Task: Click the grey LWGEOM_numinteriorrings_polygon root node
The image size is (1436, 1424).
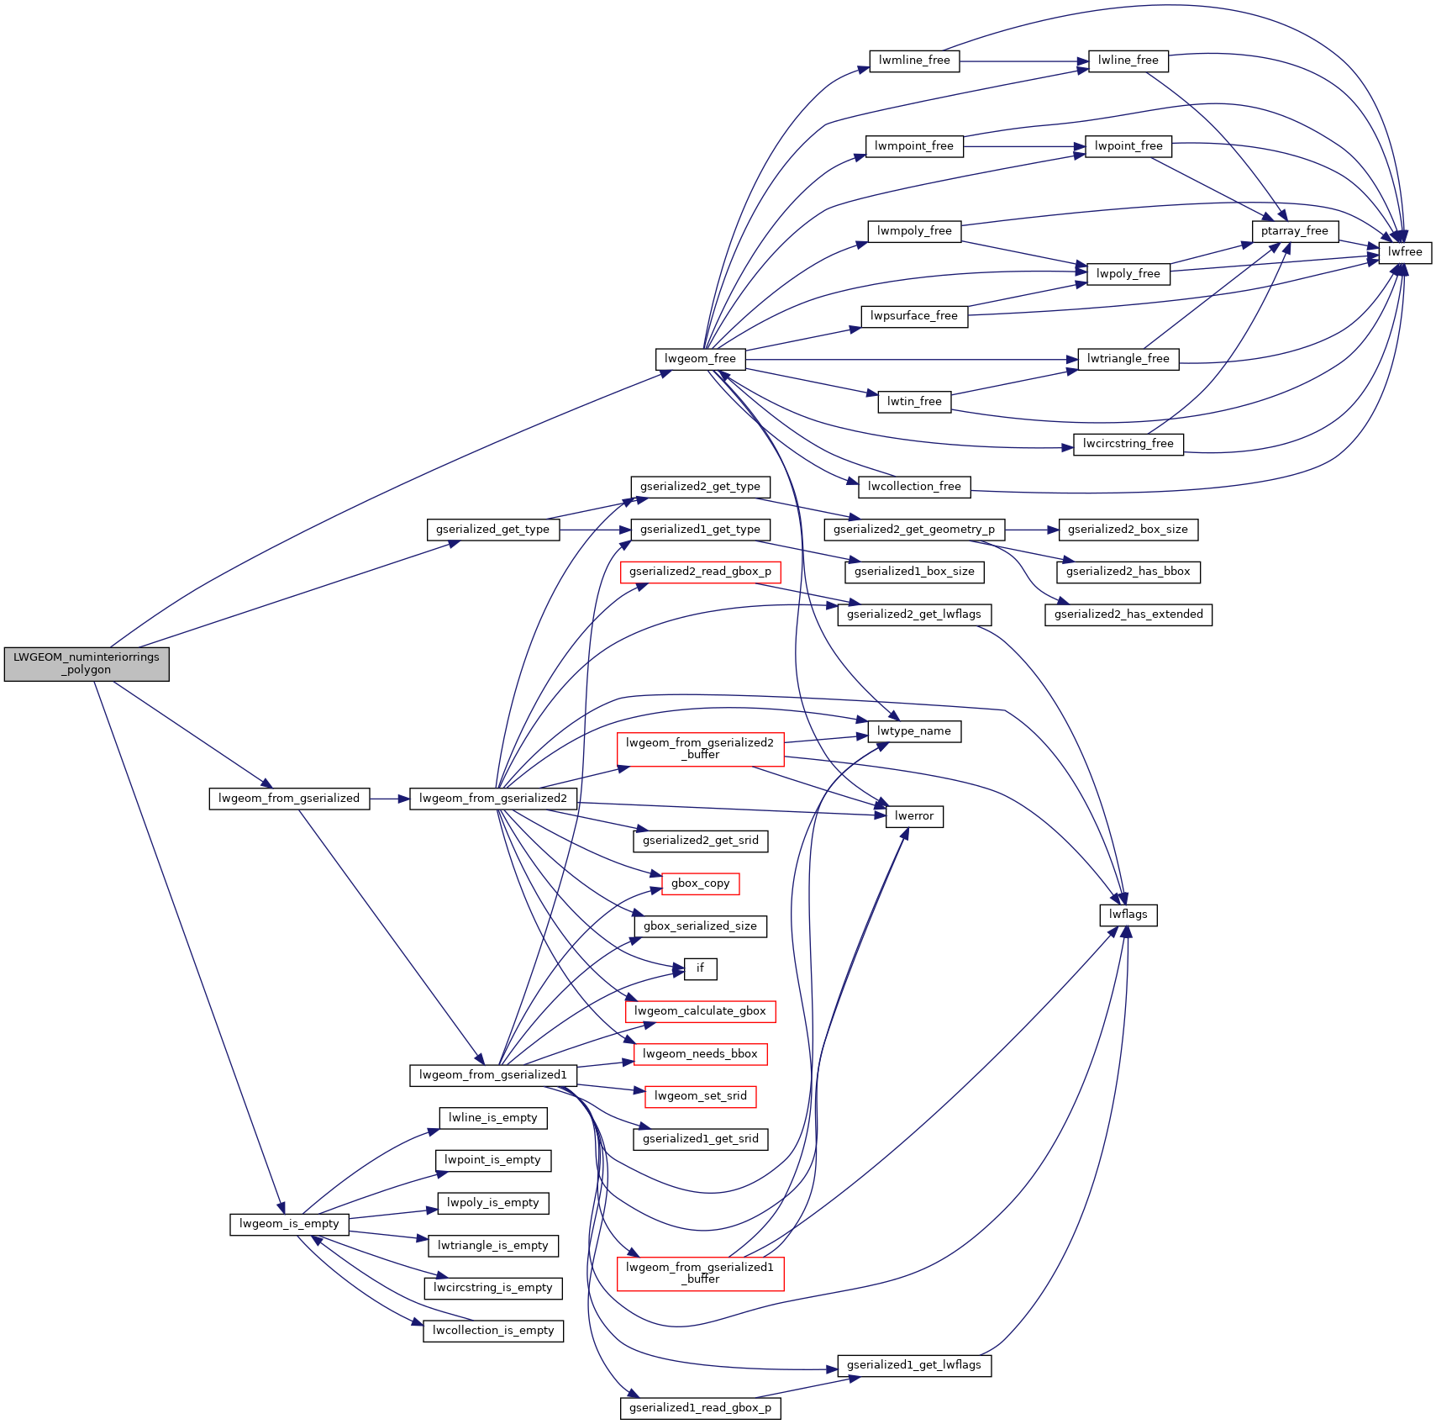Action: (87, 663)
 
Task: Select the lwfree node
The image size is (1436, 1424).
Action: (1405, 252)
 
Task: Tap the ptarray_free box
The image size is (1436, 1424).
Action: (1294, 231)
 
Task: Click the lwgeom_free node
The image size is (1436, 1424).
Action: (700, 359)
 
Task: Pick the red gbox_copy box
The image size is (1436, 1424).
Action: (700, 883)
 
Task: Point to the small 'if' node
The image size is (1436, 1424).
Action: (700, 968)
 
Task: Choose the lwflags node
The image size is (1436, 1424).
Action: (1128, 915)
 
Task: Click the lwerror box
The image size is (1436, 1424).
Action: (913, 816)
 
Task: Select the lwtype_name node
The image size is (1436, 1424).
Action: (913, 731)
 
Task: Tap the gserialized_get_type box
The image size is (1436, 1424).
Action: (492, 530)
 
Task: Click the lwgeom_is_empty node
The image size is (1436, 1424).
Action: (289, 1224)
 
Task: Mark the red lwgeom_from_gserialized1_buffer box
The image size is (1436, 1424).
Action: (700, 1274)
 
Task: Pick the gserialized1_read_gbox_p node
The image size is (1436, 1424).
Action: (700, 1408)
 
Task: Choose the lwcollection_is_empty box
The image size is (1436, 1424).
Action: (493, 1331)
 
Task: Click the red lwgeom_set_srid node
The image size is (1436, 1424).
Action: (700, 1096)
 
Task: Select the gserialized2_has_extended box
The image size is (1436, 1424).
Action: (1128, 614)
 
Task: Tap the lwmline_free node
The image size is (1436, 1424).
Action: (913, 61)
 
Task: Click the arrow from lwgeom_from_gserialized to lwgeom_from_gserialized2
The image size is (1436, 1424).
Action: (390, 799)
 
